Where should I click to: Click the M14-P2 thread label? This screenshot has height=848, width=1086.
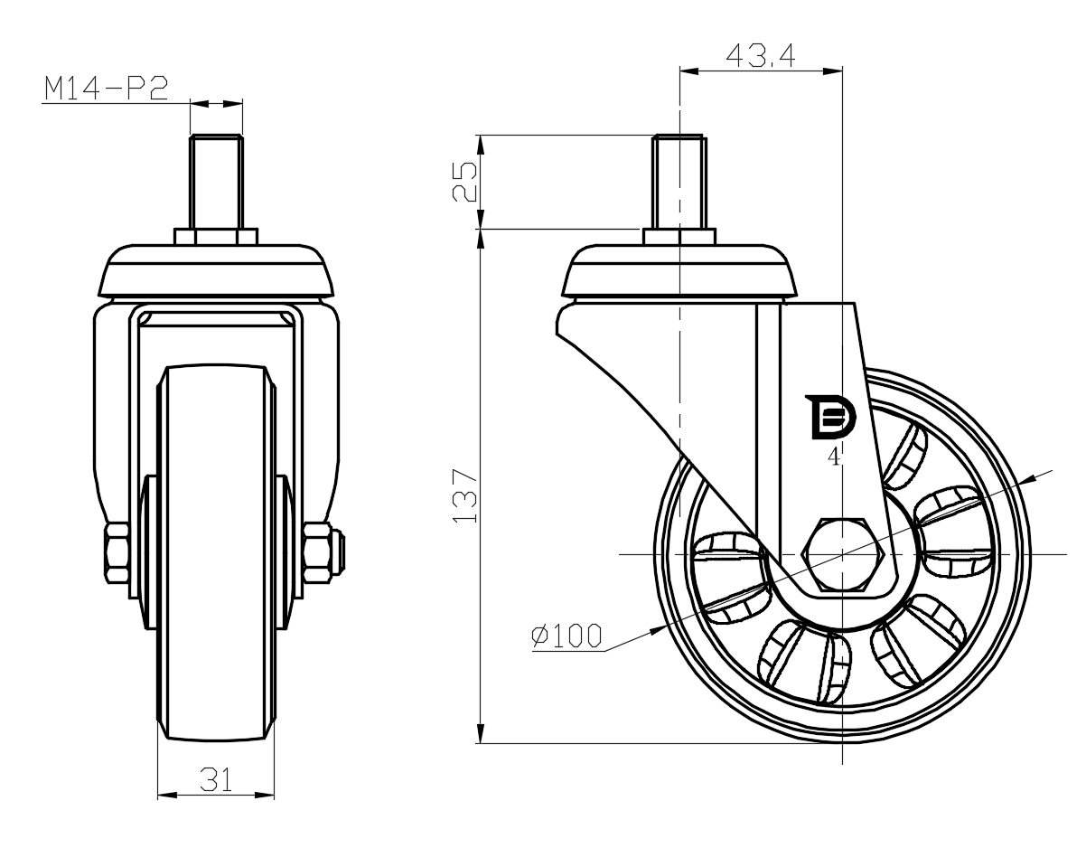(106, 89)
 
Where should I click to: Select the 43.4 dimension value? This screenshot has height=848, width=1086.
(760, 55)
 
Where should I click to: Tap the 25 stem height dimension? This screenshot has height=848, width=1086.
(464, 182)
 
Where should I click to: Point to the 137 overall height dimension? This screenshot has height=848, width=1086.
(464, 495)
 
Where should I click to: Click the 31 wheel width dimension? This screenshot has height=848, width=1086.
(216, 779)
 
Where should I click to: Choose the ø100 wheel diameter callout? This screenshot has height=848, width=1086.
(566, 636)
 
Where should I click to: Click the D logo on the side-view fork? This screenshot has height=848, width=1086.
(829, 417)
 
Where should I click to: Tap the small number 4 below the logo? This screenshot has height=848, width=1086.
(834, 457)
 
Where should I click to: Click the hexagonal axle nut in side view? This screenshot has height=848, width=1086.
(843, 554)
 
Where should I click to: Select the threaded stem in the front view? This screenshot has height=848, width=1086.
(217, 182)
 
